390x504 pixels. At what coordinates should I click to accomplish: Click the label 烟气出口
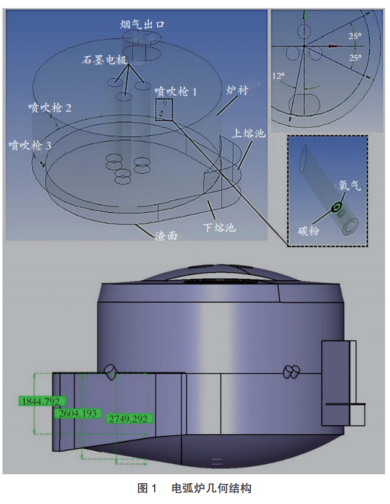tap(142, 24)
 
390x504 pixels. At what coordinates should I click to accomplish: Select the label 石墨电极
tap(104, 60)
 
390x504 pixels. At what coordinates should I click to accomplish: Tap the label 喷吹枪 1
tap(176, 92)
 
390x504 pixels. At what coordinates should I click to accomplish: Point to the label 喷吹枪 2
tap(50, 107)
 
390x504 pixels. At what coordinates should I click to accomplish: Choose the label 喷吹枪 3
tap(30, 145)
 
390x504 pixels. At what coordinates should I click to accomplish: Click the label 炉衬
tap(237, 91)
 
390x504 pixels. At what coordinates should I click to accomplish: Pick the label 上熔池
tap(248, 133)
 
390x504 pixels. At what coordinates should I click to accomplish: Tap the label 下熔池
tap(220, 228)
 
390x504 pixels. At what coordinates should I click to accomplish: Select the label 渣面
tap(167, 236)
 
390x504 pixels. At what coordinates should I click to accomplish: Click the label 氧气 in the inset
tap(350, 185)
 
